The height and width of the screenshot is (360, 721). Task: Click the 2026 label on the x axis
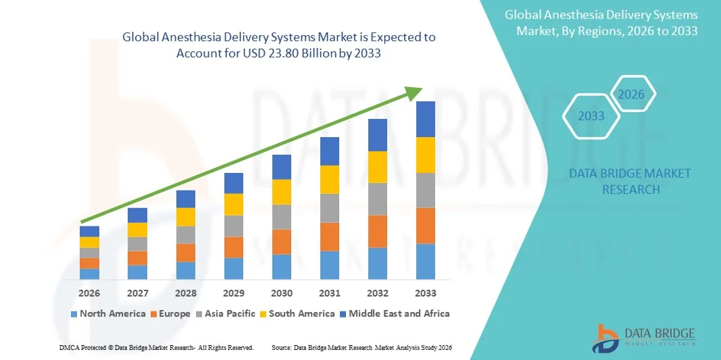click(x=89, y=293)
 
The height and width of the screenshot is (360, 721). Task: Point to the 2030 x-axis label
click(x=282, y=293)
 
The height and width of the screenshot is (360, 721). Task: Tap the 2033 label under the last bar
click(x=426, y=293)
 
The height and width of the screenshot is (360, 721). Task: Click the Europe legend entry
click(x=172, y=313)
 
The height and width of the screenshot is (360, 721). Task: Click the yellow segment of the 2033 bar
click(x=426, y=155)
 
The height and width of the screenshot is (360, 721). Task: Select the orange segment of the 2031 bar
click(x=330, y=236)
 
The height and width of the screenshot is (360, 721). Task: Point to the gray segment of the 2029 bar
click(x=234, y=226)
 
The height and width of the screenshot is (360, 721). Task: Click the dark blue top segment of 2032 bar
click(x=378, y=134)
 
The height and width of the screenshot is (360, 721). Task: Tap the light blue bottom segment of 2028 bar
click(x=186, y=270)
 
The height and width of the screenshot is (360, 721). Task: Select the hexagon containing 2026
click(x=632, y=95)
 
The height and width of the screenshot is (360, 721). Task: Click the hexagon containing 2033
click(x=591, y=116)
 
